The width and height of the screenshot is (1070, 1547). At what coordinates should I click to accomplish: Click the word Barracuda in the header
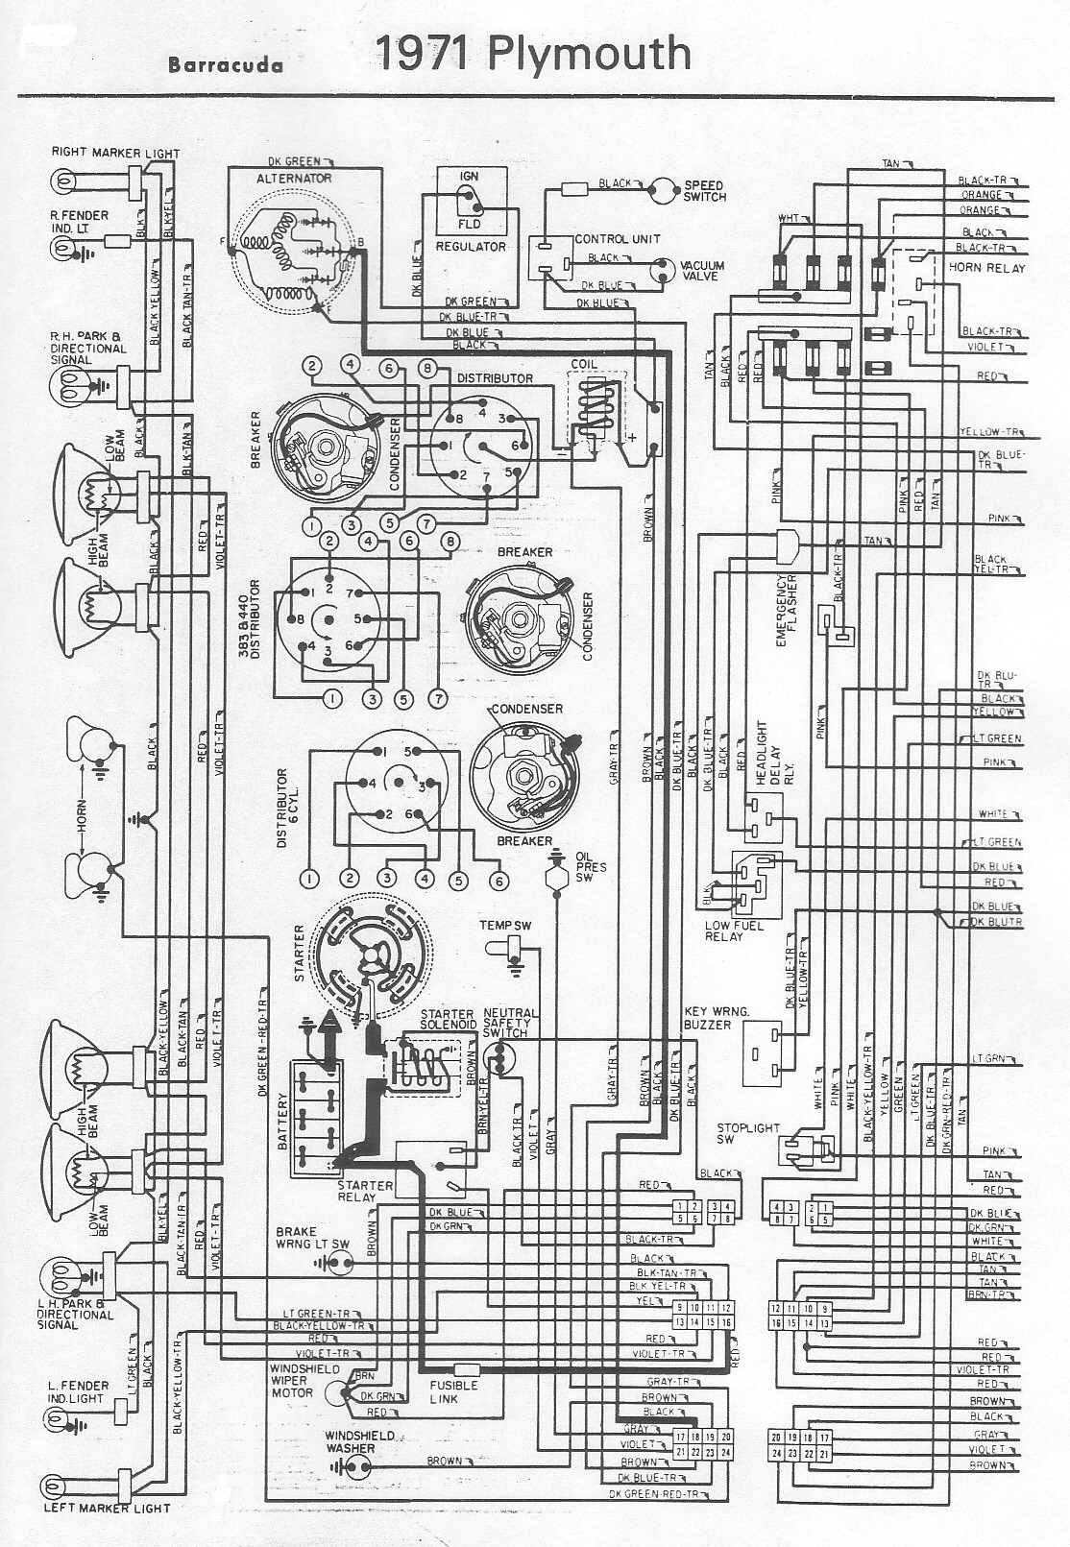(226, 65)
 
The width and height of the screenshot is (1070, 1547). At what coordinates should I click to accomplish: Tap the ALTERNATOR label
(294, 178)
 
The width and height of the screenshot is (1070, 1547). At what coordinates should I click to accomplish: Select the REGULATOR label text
(471, 247)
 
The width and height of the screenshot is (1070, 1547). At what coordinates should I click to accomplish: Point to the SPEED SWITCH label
(705, 191)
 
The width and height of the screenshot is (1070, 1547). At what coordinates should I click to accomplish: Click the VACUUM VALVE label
(702, 271)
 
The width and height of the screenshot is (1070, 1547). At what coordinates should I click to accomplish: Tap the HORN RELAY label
(986, 268)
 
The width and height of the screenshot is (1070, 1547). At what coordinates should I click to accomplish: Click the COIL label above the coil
(584, 365)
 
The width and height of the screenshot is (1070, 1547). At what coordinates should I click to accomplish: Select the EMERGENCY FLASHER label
(787, 611)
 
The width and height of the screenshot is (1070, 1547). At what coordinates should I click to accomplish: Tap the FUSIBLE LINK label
(454, 1391)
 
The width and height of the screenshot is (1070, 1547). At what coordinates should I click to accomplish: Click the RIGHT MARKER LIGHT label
(115, 153)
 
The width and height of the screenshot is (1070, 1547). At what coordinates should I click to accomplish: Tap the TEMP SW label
(505, 925)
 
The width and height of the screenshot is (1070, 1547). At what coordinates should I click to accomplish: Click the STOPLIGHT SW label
(748, 1133)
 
